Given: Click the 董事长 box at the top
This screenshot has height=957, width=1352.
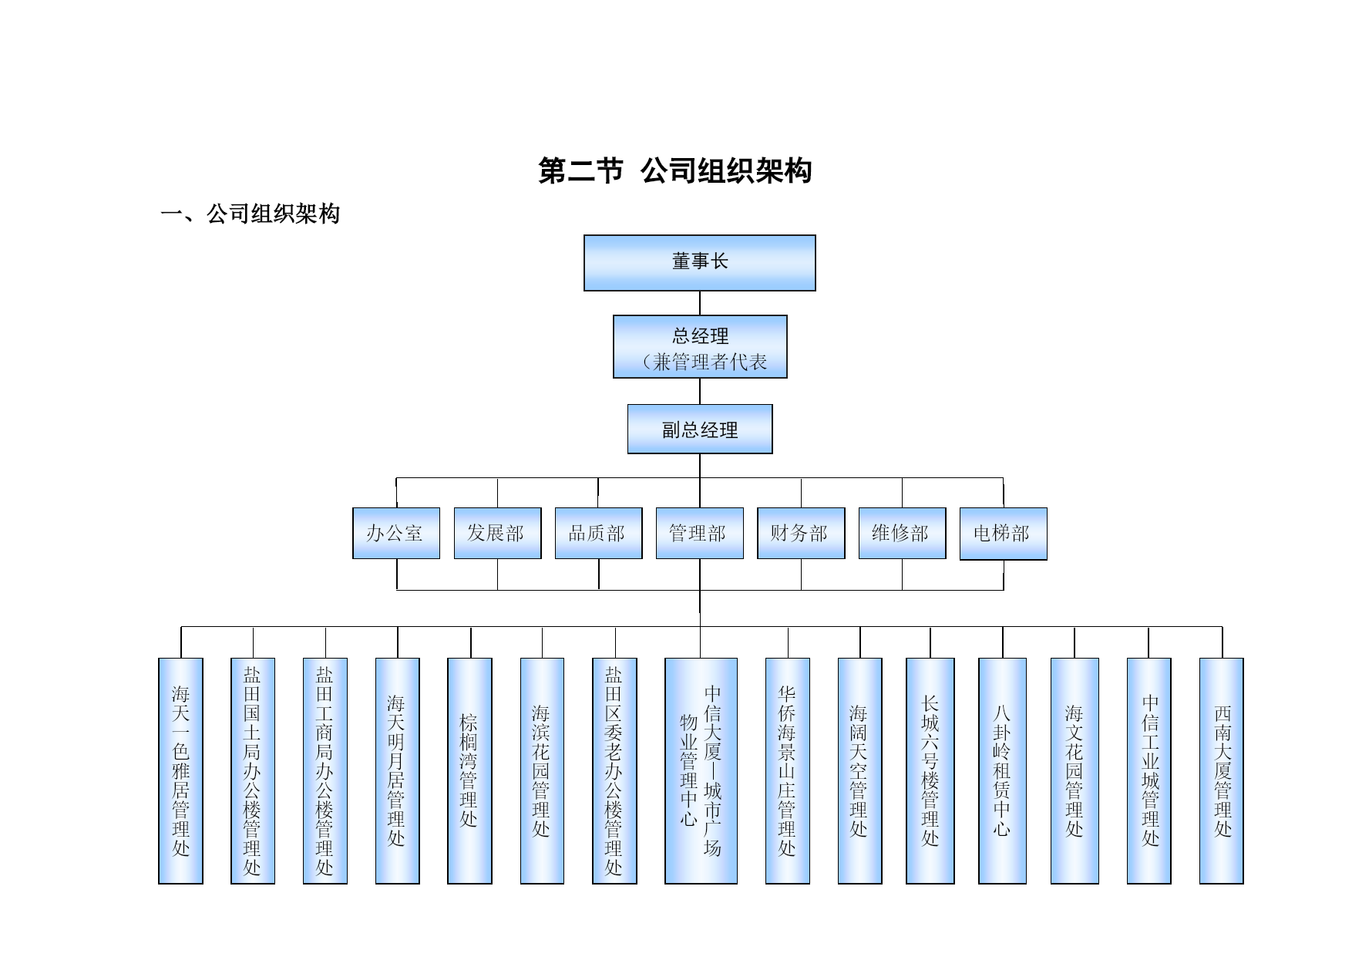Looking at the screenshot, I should pyautogui.click(x=699, y=263).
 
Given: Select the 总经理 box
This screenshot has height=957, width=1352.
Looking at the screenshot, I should pyautogui.click(x=700, y=346).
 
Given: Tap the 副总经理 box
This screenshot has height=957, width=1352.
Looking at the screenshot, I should pyautogui.click(x=700, y=429).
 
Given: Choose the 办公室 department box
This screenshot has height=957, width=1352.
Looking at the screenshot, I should pyautogui.click(x=395, y=533).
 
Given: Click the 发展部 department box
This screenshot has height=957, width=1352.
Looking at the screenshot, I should pyautogui.click(x=497, y=533).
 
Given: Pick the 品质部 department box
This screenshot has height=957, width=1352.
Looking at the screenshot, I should pyautogui.click(x=598, y=533).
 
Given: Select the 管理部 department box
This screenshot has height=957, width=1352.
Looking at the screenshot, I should pyautogui.click(x=699, y=533).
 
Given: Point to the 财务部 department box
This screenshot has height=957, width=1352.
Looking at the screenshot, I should pyautogui.click(x=801, y=533).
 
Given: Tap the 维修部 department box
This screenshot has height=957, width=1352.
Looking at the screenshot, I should pyautogui.click(x=902, y=533).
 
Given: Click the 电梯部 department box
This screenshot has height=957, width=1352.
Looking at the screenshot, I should pyautogui.click(x=1003, y=533).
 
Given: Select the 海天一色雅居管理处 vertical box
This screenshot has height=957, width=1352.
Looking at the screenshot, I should pyautogui.click(x=180, y=770).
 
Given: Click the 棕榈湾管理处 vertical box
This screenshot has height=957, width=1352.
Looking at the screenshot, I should pyautogui.click(x=469, y=770).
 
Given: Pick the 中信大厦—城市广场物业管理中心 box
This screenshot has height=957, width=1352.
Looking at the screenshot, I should pyautogui.click(x=701, y=770).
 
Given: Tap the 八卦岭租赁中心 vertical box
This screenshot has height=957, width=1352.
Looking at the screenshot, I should pyautogui.click(x=1002, y=770).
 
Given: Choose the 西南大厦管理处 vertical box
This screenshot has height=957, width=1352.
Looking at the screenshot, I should pyautogui.click(x=1221, y=770).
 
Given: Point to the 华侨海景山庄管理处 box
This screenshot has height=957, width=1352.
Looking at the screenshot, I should pyautogui.click(x=787, y=770).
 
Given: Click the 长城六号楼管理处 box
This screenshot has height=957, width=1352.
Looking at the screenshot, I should pyautogui.click(x=930, y=770).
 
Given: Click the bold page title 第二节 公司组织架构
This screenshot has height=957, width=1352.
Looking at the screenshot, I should pyautogui.click(x=674, y=171).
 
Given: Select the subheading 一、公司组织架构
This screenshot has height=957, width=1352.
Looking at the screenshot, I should pyautogui.click(x=250, y=214).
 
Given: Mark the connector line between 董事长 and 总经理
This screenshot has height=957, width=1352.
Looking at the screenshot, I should pyautogui.click(x=700, y=303).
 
